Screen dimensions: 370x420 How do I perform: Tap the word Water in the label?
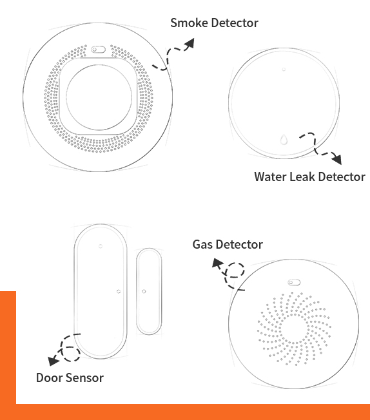pyautogui.click(x=271, y=177)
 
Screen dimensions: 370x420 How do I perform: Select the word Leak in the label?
pyautogui.click(x=302, y=177)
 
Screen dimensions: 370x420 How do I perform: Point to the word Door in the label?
pyautogui.click(x=50, y=377)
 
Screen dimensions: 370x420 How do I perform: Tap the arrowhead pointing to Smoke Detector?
pyautogui.click(x=190, y=43)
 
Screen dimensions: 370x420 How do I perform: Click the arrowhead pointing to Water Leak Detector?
pyautogui.click(x=336, y=159)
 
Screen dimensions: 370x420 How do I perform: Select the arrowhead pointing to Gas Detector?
pyautogui.click(x=217, y=263)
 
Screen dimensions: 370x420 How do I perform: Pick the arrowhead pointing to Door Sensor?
pyautogui.click(x=53, y=361)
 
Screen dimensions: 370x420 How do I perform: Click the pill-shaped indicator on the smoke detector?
pyautogui.click(x=98, y=50)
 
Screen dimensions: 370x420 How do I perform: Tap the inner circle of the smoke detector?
pyautogui.click(x=99, y=97)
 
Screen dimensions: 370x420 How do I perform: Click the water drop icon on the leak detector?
pyautogui.click(x=284, y=139)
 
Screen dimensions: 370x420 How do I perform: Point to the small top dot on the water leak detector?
pyautogui.click(x=284, y=70)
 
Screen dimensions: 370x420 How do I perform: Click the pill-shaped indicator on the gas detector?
pyautogui.click(x=294, y=282)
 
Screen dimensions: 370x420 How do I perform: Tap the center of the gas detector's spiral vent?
pyautogui.click(x=294, y=329)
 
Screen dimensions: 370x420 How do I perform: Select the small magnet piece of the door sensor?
pyautogui.click(x=149, y=291)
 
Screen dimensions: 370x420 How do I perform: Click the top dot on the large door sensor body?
pyautogui.click(x=101, y=246)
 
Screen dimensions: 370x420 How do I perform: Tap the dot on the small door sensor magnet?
pyautogui.click(x=144, y=291)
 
